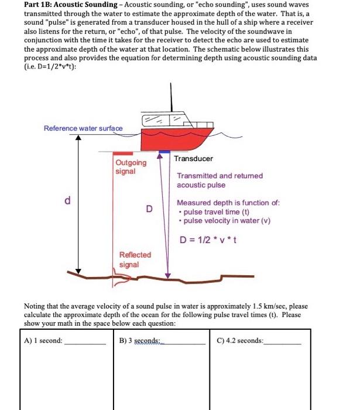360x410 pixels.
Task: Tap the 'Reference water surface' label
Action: (83, 128)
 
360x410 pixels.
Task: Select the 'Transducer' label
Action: (193, 159)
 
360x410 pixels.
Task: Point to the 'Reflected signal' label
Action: (135, 259)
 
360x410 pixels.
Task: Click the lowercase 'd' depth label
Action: (68, 201)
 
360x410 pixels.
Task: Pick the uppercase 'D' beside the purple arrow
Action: (149, 209)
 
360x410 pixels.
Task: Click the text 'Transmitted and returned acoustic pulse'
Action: (220, 180)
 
